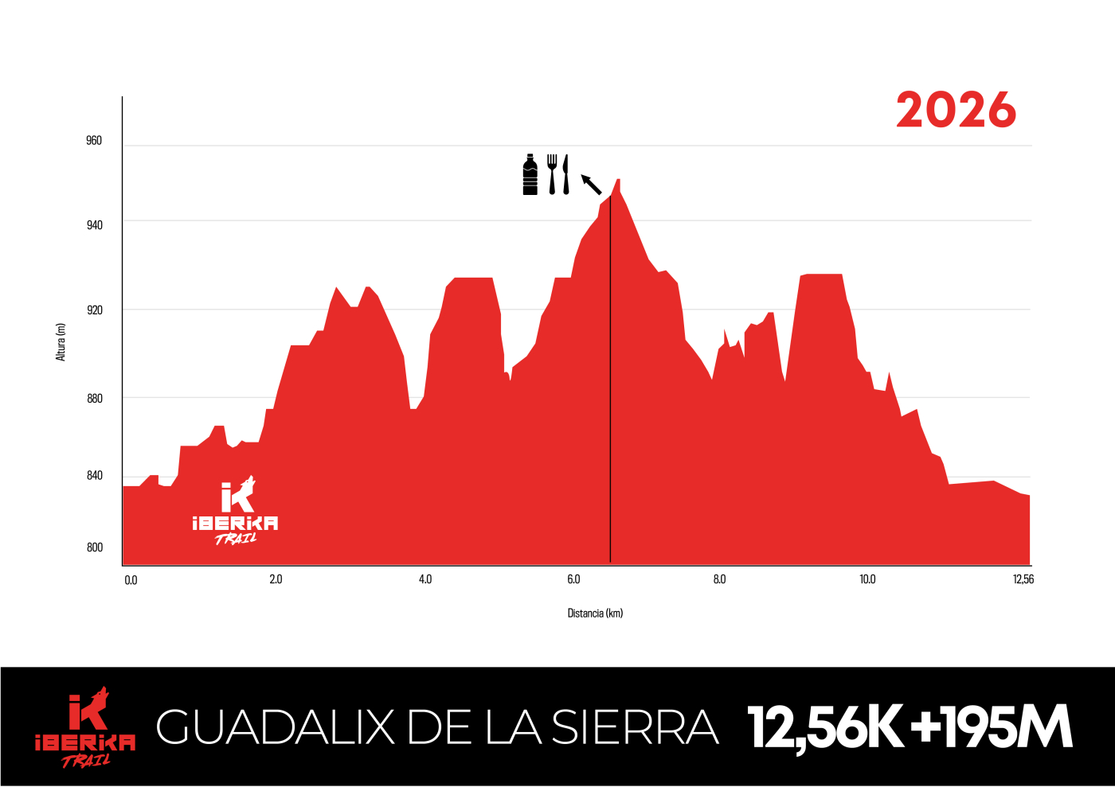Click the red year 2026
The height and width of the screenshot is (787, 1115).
[x=956, y=110]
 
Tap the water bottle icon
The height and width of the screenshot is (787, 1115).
[x=530, y=174]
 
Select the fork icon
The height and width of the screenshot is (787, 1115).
[x=552, y=174]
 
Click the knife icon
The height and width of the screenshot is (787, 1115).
[x=565, y=174]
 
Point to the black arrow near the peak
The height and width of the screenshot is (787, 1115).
[x=591, y=185]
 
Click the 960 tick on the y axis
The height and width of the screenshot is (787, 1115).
[x=94, y=141]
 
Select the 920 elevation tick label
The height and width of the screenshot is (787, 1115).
[x=94, y=310]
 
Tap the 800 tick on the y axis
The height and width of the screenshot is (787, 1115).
[x=94, y=547]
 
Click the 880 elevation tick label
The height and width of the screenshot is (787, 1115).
[x=94, y=399]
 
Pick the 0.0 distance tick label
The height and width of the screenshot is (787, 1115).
[x=131, y=580]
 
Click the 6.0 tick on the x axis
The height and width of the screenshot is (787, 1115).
[x=573, y=579]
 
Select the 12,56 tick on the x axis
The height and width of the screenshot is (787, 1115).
[x=1023, y=579]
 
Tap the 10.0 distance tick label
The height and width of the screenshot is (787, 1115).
[x=867, y=579]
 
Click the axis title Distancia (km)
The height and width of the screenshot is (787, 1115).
[x=595, y=614]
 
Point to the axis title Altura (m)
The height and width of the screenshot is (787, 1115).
[x=61, y=342]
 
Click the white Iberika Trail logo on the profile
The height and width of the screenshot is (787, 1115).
[x=236, y=512]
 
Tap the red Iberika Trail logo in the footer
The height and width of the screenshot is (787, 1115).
[x=85, y=727]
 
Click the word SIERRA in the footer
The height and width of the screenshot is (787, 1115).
[x=635, y=727]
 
